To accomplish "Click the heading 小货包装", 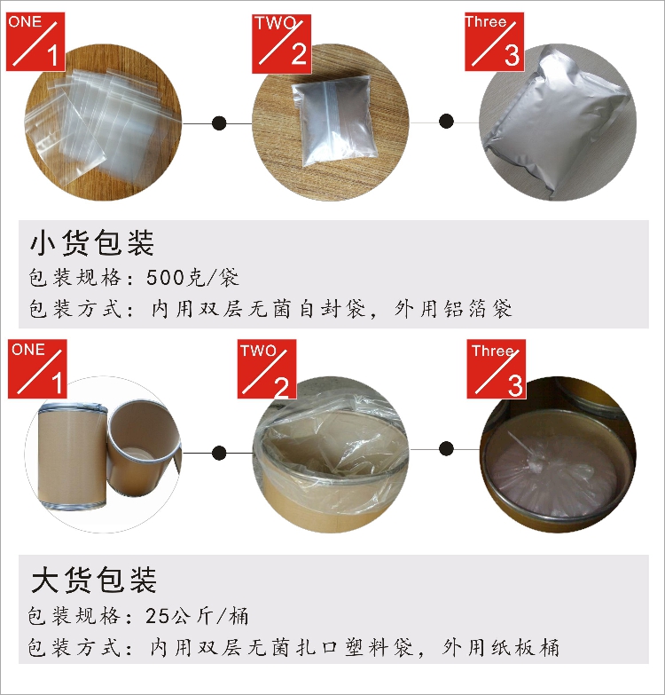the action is coord(92,243).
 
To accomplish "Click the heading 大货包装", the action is coord(94,580).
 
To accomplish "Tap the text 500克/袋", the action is coord(192,278).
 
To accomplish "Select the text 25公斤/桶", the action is coord(197,616).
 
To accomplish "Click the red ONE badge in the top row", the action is coord(35,42).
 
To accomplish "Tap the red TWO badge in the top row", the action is coord(282,43).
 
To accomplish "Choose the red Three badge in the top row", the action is coord(495,42).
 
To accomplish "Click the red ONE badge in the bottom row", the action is coord(37,368).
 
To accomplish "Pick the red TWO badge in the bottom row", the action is coord(267,368).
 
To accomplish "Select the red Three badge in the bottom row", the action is coord(497,368).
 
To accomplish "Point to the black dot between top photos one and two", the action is coord(219,122).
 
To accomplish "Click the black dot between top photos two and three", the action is coord(446,121).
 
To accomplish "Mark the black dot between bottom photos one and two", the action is coord(219,453).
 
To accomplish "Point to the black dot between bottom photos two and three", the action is coord(446,449).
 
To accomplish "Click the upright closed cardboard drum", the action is coord(73,456).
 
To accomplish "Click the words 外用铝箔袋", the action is coord(453,309).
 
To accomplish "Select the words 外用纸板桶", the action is coord(501,648).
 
